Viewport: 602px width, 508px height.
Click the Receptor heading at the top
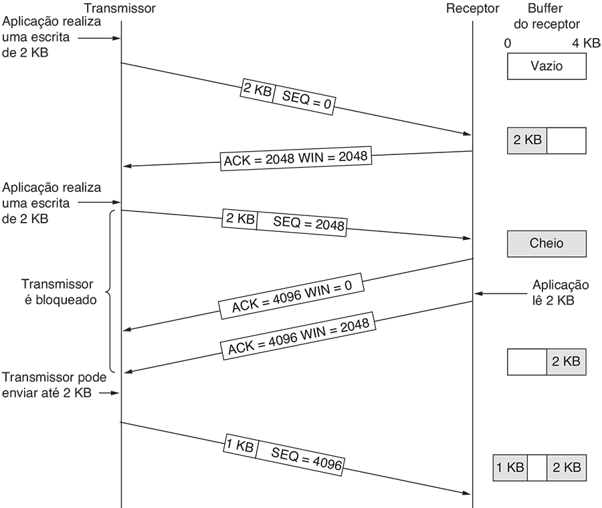click(473, 9)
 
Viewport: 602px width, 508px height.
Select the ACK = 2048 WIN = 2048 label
click(295, 158)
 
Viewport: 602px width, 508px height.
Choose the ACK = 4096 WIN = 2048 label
click(298, 337)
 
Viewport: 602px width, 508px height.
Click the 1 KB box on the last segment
click(239, 446)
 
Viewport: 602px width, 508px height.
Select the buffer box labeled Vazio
click(546, 66)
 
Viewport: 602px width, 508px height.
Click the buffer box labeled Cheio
click(546, 243)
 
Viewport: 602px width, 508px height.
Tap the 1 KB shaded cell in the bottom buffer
click(510, 468)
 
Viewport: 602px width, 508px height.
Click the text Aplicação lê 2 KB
click(561, 292)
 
